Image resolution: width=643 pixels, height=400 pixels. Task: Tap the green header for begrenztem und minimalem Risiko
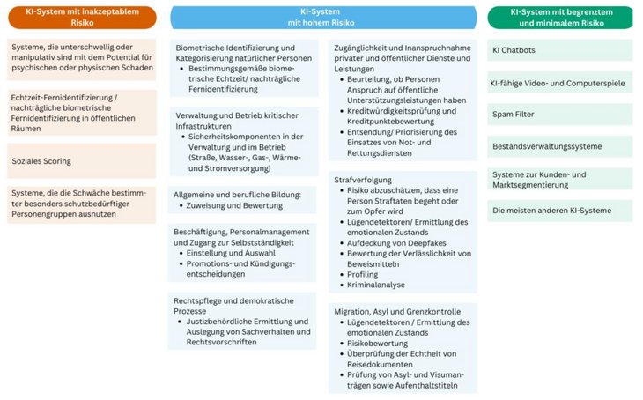[x=560, y=17]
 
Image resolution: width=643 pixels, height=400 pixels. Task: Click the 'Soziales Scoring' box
[x=81, y=161]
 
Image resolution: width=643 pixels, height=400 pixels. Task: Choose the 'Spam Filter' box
[x=560, y=115]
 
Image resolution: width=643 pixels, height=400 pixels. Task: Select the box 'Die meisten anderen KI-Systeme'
[x=560, y=211]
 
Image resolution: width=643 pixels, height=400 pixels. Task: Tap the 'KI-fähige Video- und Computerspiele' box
[x=560, y=84]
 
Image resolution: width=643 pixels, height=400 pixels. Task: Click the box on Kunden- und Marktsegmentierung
[x=560, y=179]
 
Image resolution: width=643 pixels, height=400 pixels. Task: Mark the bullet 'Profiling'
[x=357, y=275]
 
